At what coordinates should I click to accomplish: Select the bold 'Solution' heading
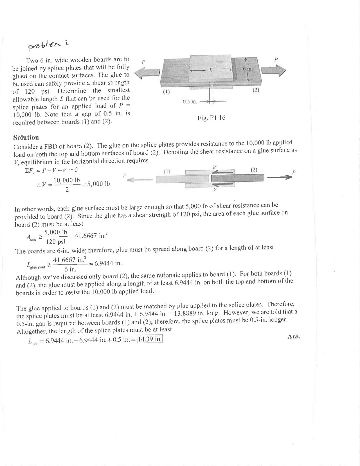tap(26, 138)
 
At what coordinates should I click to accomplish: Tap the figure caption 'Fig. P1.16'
tap(211, 118)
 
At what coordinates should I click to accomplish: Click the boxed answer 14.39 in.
tap(150, 339)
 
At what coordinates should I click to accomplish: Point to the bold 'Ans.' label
tap(294, 337)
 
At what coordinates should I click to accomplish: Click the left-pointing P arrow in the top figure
tap(147, 73)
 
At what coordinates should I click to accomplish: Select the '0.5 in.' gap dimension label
tap(190, 101)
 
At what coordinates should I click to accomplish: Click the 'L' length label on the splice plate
tap(210, 70)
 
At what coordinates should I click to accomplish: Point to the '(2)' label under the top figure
tap(256, 90)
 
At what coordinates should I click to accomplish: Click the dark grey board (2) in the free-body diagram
tap(238, 178)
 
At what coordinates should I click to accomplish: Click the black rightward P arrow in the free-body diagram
tap(278, 178)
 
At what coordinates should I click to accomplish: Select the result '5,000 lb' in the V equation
tap(98, 184)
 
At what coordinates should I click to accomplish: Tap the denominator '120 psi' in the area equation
tap(56, 241)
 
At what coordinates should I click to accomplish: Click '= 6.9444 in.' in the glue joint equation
tap(105, 263)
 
